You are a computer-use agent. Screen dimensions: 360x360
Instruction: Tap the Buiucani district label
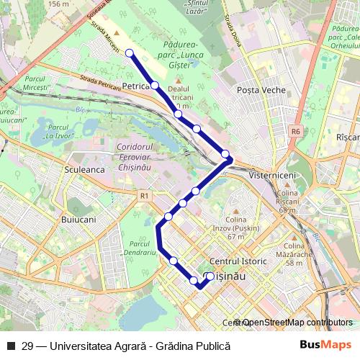pyautogui.click(x=81, y=215)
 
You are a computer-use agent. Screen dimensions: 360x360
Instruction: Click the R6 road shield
pyautogui.click(x=295, y=132)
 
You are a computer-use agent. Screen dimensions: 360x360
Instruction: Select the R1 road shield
pyautogui.click(x=145, y=194)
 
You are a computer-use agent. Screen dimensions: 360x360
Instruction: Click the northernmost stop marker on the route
pyautogui.click(x=130, y=53)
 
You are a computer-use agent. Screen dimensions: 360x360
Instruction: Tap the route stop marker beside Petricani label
pyautogui.click(x=155, y=86)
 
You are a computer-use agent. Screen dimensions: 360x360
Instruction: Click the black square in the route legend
pyautogui.click(x=11, y=346)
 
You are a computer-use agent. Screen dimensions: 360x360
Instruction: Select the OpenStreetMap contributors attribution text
pyautogui.click(x=297, y=323)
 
